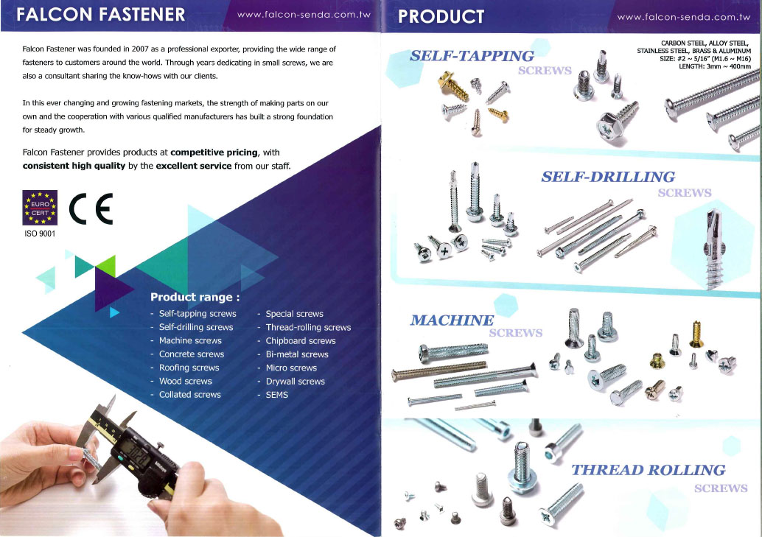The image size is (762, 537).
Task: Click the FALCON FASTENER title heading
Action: tap(104, 15)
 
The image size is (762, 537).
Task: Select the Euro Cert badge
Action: tap(38, 206)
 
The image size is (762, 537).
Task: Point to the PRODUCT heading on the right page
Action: tap(441, 16)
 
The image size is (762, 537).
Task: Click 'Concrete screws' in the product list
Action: tap(191, 354)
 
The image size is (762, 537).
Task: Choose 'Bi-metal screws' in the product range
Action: tap(296, 354)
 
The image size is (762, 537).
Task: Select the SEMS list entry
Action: tap(276, 395)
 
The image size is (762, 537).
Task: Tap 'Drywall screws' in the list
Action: tap(295, 382)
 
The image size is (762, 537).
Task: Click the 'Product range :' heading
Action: tap(195, 298)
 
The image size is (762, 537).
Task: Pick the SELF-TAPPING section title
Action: tap(472, 56)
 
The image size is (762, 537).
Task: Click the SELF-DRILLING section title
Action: tap(608, 177)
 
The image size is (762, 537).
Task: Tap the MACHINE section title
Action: tap(452, 320)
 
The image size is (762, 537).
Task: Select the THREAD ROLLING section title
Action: tap(649, 470)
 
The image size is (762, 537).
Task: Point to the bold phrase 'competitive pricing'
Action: tap(214, 152)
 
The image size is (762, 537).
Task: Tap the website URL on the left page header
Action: tap(303, 15)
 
